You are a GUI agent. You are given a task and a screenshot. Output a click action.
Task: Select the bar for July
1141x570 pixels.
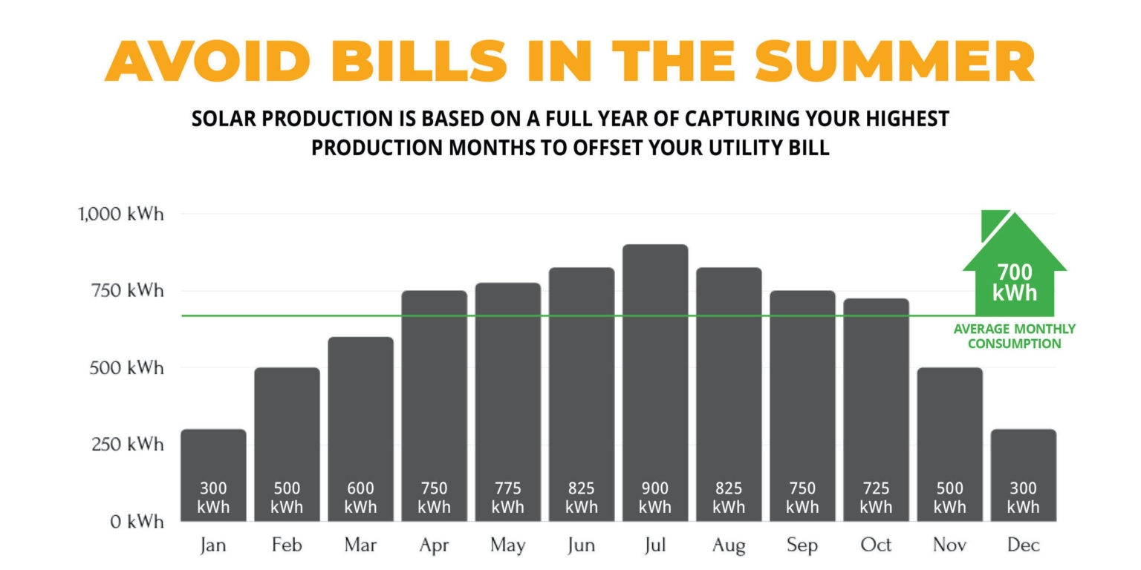tap(654, 382)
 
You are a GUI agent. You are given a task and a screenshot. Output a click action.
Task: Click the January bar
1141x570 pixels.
tap(213, 475)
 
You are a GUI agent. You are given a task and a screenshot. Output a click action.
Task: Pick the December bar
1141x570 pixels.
tap(1023, 475)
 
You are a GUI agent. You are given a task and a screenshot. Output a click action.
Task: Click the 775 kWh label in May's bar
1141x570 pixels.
tap(507, 498)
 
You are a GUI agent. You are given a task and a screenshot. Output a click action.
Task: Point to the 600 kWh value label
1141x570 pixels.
tap(360, 498)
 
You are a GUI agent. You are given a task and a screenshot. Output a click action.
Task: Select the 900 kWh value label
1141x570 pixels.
tap(654, 498)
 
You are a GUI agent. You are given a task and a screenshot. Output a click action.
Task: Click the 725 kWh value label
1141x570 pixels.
tap(876, 498)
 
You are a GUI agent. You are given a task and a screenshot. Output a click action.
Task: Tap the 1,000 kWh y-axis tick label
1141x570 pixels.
tap(121, 214)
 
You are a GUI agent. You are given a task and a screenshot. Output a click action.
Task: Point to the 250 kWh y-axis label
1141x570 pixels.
tap(126, 445)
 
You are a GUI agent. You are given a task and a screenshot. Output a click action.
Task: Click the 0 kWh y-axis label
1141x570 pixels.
tap(137, 522)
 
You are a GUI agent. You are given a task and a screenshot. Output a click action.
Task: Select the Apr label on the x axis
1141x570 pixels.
tap(434, 546)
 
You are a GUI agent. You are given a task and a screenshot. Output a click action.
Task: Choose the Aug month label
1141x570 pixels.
tap(728, 546)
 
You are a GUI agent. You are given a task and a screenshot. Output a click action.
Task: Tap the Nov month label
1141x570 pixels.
tap(949, 546)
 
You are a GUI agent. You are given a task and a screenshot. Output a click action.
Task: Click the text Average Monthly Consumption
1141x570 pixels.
tap(1014, 336)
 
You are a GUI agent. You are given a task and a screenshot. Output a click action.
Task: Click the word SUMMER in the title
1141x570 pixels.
tap(896, 62)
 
